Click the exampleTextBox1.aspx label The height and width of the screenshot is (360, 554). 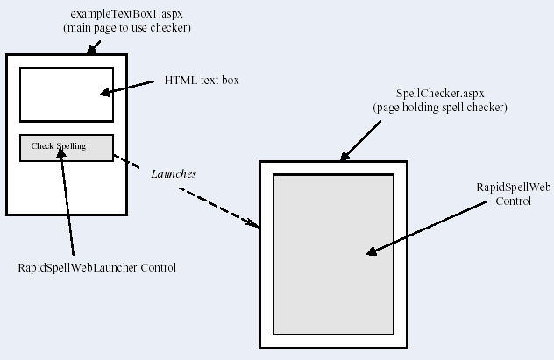coord(127,15)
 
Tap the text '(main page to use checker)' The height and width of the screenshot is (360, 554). coord(127,29)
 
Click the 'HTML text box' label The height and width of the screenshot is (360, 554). coord(202,81)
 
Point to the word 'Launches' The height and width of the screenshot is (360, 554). coord(174,173)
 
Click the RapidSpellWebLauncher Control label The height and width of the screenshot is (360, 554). coord(97,267)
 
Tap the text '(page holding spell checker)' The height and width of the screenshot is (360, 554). coord(440,107)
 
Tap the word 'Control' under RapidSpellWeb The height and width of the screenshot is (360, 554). coord(514,201)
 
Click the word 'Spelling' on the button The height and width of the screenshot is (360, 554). coord(72,146)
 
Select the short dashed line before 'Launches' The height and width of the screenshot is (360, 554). coord(128,164)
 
